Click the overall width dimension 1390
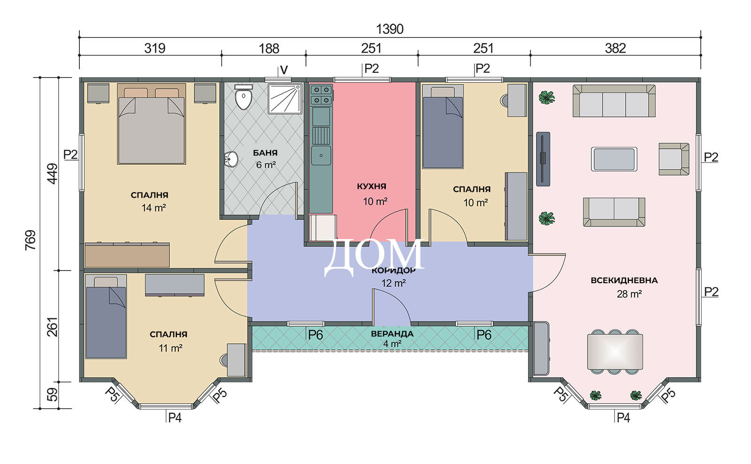390,29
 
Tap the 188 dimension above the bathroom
269,49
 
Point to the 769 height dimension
31,240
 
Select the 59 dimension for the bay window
52,395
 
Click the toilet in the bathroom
244,97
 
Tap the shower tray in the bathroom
285,99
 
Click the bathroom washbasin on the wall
231,158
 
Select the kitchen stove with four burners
321,94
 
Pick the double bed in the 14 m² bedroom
152,124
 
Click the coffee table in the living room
614,159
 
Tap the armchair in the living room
674,159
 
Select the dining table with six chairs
615,352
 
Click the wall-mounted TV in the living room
543,159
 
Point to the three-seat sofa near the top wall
614,101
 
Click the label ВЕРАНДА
392,334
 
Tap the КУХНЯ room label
371,186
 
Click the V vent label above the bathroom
284,70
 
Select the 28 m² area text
629,294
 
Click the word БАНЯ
265,153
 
